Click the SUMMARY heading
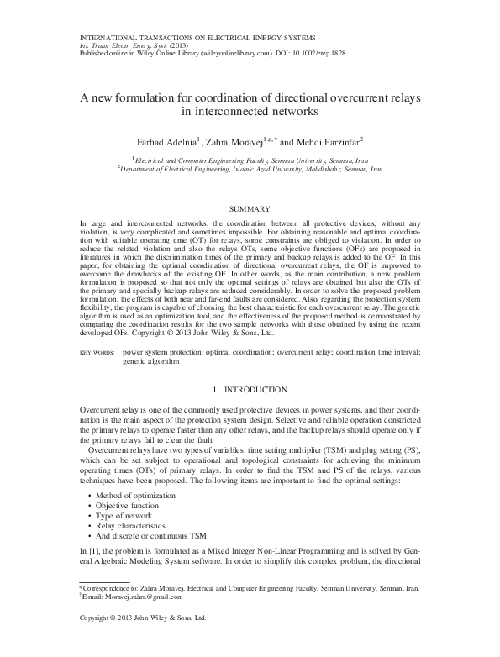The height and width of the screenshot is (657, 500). coord(250,208)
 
